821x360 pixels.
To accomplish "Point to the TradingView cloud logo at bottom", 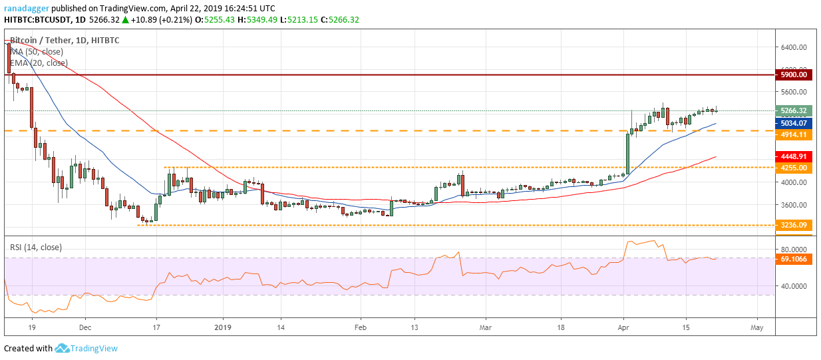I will point(63,348).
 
